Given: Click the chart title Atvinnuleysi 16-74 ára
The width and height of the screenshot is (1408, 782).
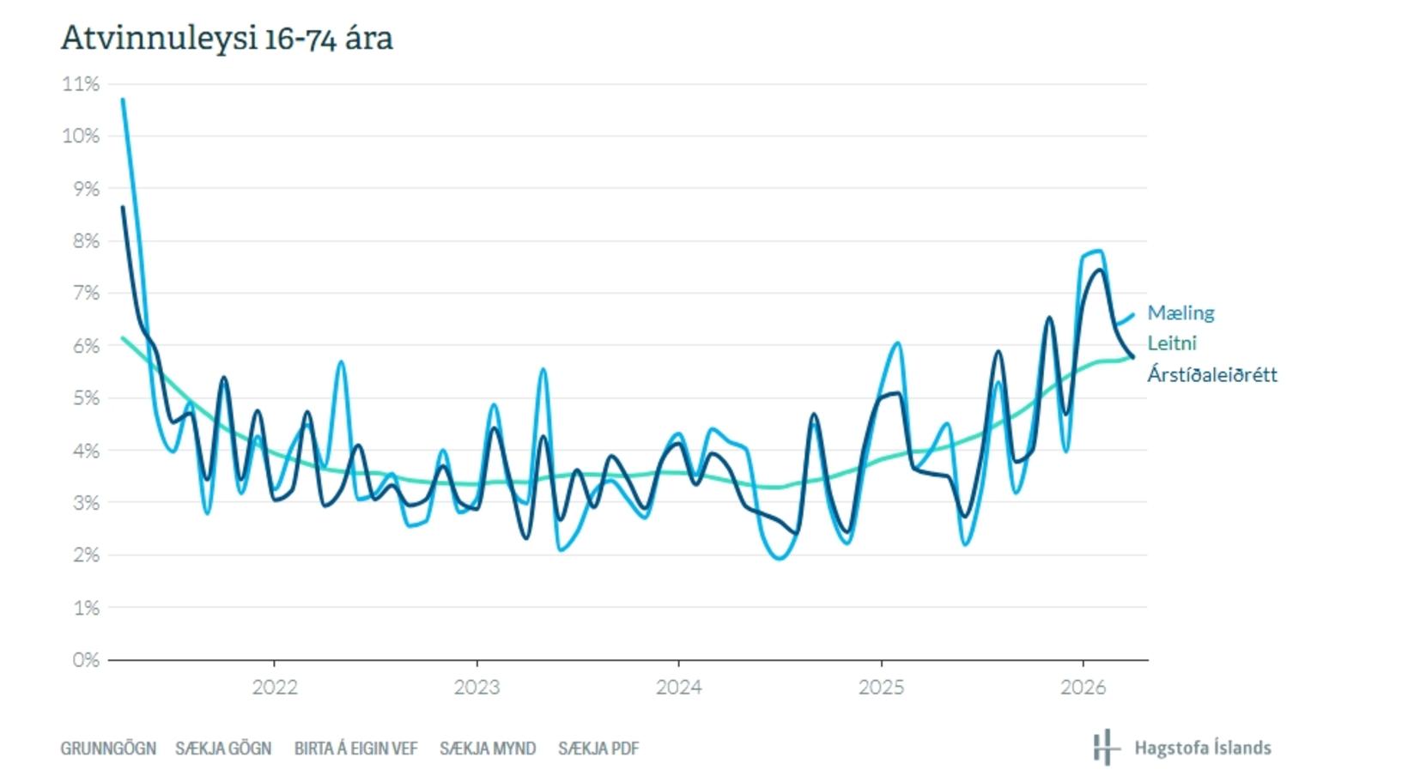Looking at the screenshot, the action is point(227,39).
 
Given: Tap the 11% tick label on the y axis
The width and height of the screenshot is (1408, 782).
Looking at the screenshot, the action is point(81,83).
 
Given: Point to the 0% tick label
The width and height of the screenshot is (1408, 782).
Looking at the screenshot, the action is point(86,660).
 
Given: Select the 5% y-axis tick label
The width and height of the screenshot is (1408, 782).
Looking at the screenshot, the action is point(86,398).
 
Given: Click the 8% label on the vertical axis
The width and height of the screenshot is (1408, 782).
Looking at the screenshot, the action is point(86,240).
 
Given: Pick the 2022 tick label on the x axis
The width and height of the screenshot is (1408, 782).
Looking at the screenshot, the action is point(275,687).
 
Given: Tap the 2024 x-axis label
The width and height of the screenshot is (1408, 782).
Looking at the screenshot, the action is point(679,687).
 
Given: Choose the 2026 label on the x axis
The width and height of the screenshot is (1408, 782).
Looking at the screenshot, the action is point(1083,687).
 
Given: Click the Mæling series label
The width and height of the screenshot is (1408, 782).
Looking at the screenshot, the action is point(1181,313).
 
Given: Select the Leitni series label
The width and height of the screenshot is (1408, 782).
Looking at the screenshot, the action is point(1172,343).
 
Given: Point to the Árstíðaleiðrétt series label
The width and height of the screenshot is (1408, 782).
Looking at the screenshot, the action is point(1212,374).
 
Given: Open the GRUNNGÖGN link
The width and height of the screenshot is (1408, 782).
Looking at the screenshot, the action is point(108,749).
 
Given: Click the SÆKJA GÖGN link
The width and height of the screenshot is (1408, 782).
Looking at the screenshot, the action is point(223,749).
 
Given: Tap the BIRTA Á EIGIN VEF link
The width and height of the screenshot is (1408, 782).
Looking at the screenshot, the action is point(355,749).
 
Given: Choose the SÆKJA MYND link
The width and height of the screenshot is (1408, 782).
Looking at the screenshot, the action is point(488,749).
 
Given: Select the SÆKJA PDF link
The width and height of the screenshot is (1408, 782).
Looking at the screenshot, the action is point(598,749).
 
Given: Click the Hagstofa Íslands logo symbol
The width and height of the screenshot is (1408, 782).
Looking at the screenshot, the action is point(1107,748).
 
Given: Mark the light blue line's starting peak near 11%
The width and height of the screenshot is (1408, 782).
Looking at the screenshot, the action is point(123,100).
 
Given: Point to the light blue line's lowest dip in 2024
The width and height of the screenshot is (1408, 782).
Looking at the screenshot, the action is point(780,558).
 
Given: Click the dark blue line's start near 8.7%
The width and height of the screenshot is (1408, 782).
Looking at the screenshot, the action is point(123,207).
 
